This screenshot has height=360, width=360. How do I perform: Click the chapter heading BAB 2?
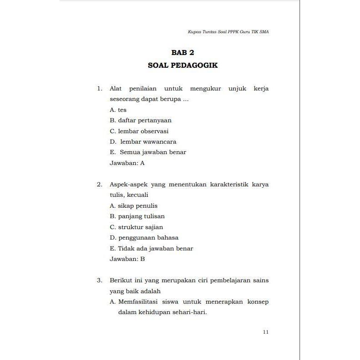(x=183, y=53)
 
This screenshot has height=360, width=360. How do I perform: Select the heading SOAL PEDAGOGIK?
(x=183, y=65)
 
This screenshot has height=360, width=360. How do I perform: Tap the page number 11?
(x=266, y=332)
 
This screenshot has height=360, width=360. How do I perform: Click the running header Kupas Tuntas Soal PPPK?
(x=228, y=32)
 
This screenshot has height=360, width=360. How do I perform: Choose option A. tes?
(x=118, y=110)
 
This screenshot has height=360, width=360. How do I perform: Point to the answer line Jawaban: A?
(x=127, y=163)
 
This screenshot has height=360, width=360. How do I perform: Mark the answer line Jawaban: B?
(x=127, y=259)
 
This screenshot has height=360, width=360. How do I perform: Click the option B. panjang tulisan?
(x=137, y=216)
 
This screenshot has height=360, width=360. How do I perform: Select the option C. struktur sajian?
(x=136, y=227)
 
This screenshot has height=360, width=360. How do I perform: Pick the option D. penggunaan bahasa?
(x=144, y=238)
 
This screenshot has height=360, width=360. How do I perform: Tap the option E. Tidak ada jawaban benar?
(x=151, y=249)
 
